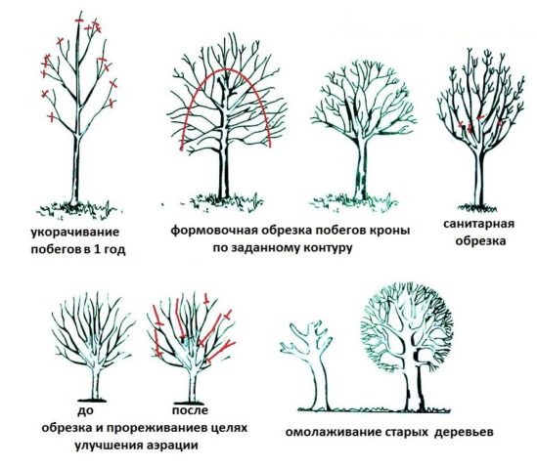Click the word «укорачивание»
(75, 233)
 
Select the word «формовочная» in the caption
(214, 230)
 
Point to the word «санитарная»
(478, 224)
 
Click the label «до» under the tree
(85, 410)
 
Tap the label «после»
(190, 409)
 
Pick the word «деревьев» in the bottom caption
(464, 432)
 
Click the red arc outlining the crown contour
(226, 69)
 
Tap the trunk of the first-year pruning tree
(75, 169)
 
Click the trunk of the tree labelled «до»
(96, 382)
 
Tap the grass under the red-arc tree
(223, 202)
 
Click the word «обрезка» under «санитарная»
(480, 240)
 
